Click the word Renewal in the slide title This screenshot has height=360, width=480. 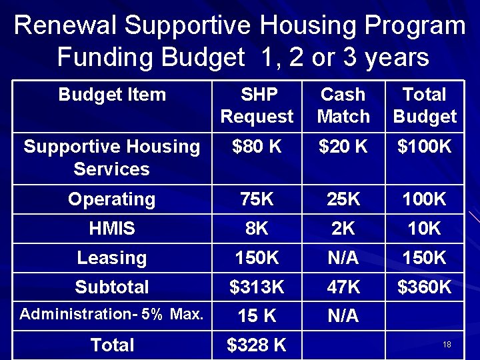[65, 26]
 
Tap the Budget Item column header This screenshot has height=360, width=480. [112, 95]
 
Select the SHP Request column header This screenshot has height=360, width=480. [257, 105]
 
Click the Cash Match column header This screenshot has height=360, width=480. [343, 105]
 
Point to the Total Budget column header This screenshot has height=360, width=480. [425, 105]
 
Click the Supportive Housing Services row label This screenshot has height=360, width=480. [112, 157]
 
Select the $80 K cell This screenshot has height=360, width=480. [257, 147]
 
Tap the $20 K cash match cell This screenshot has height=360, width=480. [343, 147]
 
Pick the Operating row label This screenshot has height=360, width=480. [112, 199]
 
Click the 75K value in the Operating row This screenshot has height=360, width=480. [257, 199]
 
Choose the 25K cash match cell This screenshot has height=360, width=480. [343, 199]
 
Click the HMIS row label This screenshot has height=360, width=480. [112, 229]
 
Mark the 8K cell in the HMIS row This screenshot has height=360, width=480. [257, 229]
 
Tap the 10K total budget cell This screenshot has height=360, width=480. [425, 229]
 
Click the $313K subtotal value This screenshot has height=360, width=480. [257, 287]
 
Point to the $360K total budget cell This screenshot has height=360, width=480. [425, 287]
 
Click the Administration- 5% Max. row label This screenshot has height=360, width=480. [112, 315]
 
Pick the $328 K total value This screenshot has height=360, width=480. [257, 345]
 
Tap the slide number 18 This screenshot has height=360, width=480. [447, 345]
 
